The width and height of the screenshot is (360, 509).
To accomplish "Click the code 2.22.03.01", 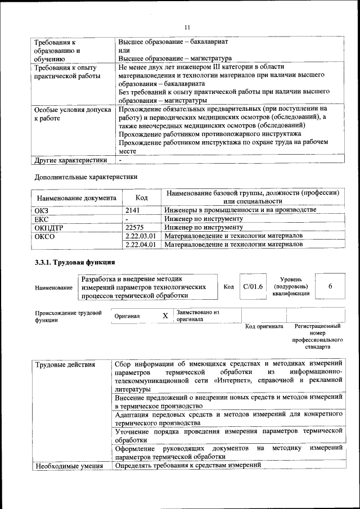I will [x=141, y=236].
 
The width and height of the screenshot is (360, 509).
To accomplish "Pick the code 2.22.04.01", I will [x=141, y=245].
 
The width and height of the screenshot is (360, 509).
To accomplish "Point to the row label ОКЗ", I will [x=42, y=210].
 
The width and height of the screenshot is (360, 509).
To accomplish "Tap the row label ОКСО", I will [x=44, y=236].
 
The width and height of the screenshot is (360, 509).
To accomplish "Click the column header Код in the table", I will [x=142, y=197].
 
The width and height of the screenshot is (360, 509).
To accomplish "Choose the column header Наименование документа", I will [x=76, y=198].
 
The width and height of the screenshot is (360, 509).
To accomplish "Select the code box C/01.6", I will [x=253, y=286].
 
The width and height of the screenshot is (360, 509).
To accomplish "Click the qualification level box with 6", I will [x=330, y=286].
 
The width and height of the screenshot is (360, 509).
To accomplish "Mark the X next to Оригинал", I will [x=165, y=316].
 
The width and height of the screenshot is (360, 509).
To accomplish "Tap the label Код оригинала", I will [x=264, y=326].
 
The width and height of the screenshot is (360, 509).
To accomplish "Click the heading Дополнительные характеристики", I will [x=85, y=177].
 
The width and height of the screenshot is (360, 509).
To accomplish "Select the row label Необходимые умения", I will [x=69, y=466].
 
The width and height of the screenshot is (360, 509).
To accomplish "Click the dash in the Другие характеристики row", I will [x=120, y=160].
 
